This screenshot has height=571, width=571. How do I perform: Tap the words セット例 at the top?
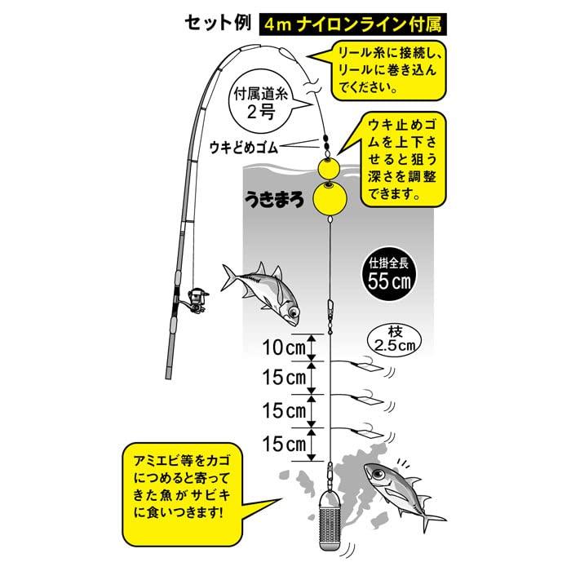(x=217, y=23)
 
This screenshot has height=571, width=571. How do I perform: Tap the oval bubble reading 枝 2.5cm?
(x=396, y=339)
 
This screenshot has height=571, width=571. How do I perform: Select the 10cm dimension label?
(x=283, y=347)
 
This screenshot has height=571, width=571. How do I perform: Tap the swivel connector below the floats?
(x=330, y=311)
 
